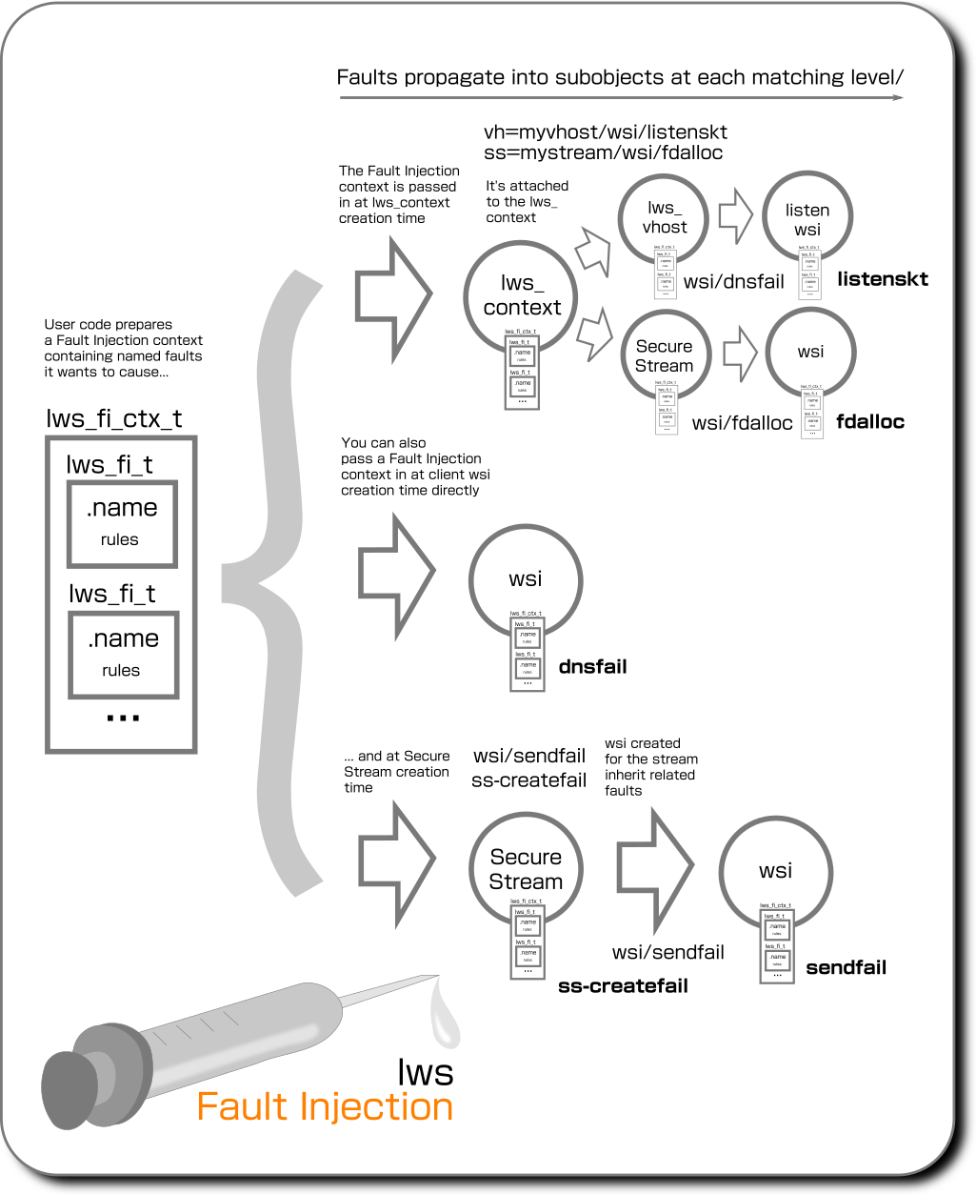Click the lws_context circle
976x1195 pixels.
tap(522, 294)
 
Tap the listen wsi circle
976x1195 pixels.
tap(807, 218)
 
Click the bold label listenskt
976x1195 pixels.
tap(882, 279)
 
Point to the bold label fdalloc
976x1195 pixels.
tap(870, 421)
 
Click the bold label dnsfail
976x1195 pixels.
tap(592, 666)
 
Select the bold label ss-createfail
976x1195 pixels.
tap(623, 986)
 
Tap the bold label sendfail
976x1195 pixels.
tap(846, 967)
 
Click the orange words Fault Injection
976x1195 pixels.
tap(325, 1106)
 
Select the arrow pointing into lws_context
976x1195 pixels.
tap(395, 285)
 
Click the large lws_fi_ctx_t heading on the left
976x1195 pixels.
tap(113, 419)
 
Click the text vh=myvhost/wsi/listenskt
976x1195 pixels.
tap(606, 132)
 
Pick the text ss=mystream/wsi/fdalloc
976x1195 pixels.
tap(604, 152)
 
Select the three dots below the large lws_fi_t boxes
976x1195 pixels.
tap(123, 717)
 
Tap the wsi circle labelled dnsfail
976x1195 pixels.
tap(525, 578)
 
